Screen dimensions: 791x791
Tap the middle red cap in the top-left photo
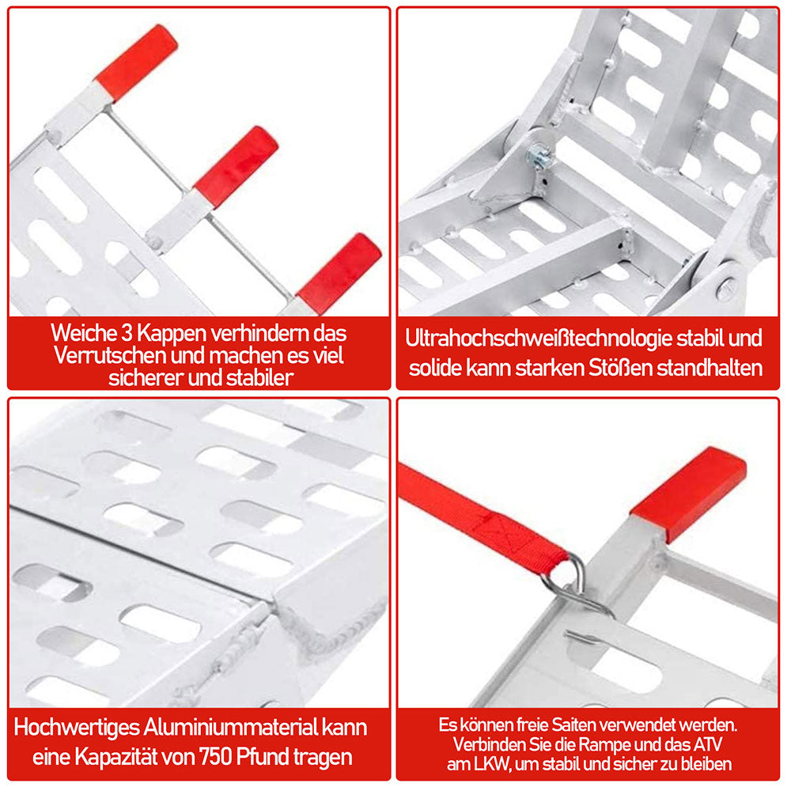point(236,166)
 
